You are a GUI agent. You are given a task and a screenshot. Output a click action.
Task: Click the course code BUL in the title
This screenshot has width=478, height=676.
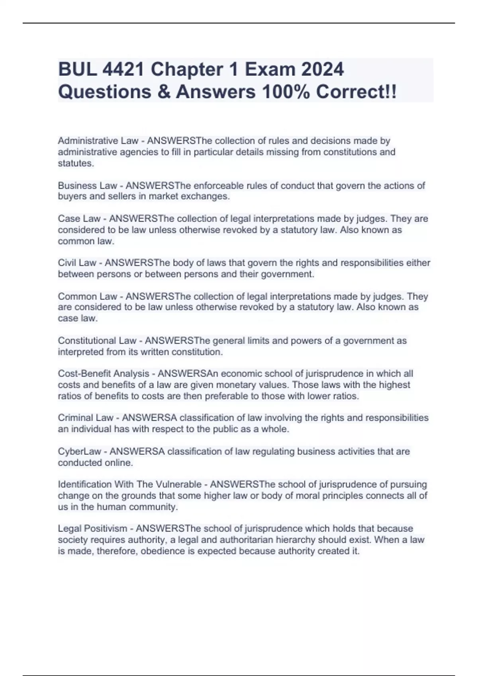(77, 70)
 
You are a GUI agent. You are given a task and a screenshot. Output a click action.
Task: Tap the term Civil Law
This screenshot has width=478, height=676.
(77, 263)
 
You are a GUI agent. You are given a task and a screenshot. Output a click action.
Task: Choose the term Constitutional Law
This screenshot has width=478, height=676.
(97, 341)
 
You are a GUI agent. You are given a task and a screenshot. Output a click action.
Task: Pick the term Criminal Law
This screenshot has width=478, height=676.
(86, 418)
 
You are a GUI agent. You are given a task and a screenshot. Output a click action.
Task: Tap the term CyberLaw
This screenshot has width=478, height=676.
(80, 452)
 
